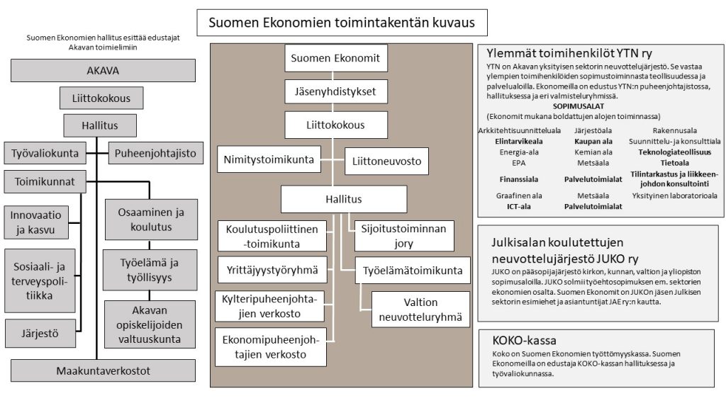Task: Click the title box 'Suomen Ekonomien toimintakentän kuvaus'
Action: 342,22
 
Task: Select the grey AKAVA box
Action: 103,70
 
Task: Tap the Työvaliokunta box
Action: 45,153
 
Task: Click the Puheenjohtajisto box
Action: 155,153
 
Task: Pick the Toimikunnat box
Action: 45,181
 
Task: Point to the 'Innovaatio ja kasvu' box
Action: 36,222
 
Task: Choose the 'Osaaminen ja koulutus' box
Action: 151,220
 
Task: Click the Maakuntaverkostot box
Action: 103,370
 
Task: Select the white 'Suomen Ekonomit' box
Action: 335,58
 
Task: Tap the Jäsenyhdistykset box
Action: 335,91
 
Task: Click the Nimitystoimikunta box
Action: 269,159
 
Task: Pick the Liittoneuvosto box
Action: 386,161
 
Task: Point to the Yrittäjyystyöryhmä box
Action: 272,270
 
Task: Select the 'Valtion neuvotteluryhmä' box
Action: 420,310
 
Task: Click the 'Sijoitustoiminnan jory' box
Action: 403,236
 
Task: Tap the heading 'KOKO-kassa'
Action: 524,341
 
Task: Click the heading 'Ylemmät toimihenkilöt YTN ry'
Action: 569,53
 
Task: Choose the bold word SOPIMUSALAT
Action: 579,106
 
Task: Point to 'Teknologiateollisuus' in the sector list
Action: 675,152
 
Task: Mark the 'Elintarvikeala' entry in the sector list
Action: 518,142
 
